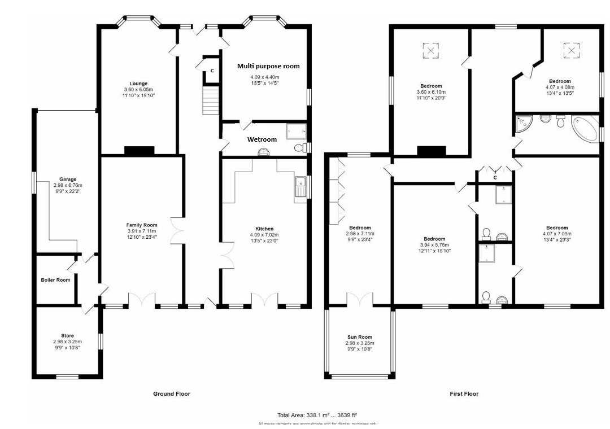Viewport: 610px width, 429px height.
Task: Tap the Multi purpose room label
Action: click(x=268, y=66)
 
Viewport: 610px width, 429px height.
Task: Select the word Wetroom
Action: click(x=262, y=139)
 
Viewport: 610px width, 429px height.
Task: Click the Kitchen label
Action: click(x=264, y=229)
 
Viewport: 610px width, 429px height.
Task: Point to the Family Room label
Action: click(x=142, y=225)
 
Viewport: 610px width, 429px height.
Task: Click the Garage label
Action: click(x=65, y=179)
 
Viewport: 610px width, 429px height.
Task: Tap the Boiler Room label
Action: click(x=55, y=280)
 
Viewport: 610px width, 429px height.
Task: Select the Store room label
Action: click(x=67, y=336)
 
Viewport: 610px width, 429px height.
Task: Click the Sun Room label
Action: click(x=359, y=337)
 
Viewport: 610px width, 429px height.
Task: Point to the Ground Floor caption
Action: click(x=172, y=394)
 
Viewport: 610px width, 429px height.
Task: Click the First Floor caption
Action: click(x=464, y=394)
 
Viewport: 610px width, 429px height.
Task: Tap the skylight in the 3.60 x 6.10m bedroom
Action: click(x=431, y=51)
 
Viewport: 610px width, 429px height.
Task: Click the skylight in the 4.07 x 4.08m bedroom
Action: click(x=572, y=51)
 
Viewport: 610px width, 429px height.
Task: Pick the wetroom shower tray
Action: click(x=296, y=130)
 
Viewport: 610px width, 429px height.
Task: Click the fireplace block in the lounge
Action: click(x=139, y=150)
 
